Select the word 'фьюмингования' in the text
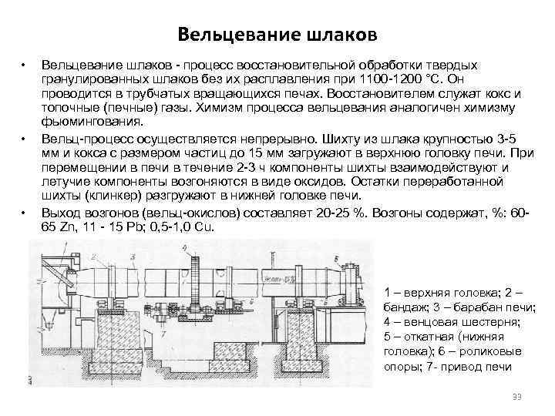[92, 122]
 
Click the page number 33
[517, 396]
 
